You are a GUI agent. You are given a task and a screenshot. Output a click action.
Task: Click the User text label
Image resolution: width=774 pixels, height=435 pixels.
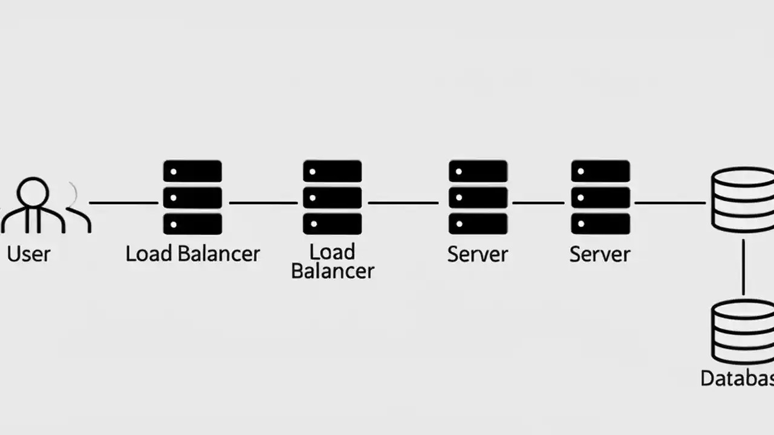(x=28, y=254)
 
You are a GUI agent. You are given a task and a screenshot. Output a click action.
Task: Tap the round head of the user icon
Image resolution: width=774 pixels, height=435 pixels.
(x=33, y=192)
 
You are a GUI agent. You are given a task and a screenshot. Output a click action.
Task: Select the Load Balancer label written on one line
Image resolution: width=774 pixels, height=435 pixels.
(x=192, y=254)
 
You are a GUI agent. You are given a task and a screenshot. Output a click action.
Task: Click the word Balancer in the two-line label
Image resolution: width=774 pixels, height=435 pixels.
(x=332, y=271)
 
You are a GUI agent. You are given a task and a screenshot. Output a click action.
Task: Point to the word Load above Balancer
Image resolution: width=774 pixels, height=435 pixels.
(x=332, y=251)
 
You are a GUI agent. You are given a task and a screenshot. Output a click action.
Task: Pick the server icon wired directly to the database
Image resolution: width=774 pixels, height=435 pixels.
(x=600, y=198)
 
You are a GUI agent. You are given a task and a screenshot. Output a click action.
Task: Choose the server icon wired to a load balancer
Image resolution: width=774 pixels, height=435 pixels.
(x=478, y=198)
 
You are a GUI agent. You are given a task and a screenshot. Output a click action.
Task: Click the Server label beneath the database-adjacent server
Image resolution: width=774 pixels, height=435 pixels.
(x=600, y=254)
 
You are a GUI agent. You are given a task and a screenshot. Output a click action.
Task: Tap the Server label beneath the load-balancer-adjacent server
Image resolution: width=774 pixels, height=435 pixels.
(x=478, y=254)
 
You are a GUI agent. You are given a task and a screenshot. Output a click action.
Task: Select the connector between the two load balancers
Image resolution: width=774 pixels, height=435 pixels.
(x=263, y=203)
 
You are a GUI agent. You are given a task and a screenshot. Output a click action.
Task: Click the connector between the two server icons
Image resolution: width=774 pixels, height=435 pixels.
(x=539, y=203)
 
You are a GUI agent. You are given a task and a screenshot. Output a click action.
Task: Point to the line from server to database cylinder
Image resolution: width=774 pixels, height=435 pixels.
(x=669, y=203)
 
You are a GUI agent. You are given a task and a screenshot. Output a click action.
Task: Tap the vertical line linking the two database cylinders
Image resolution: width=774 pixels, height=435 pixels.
(x=743, y=266)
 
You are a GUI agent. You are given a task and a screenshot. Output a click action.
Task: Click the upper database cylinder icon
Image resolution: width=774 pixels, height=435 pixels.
(x=743, y=200)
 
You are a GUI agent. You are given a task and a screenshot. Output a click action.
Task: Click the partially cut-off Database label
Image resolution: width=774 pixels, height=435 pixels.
(x=737, y=379)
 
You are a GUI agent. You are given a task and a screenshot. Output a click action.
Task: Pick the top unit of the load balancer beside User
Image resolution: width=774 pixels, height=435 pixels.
(x=192, y=172)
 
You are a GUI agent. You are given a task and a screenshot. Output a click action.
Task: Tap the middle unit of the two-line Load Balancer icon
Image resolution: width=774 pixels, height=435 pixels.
(x=332, y=198)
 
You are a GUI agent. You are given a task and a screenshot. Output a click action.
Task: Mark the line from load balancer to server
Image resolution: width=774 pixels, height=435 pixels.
(x=403, y=203)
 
